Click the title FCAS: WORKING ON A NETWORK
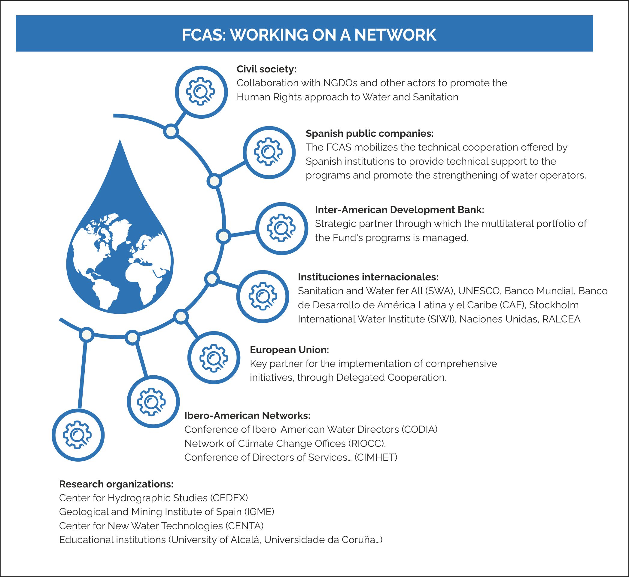coord(309,35)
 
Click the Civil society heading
coord(266,69)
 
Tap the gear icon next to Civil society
coord(201,92)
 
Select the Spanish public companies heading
coord(369,133)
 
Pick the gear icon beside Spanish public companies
coord(269,152)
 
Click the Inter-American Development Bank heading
coord(400,209)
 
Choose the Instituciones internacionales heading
coord(368,277)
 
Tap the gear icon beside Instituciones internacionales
coord(263,296)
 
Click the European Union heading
coord(289,350)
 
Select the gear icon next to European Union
coord(214,358)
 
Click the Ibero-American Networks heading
coord(247,416)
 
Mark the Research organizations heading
coord(116,484)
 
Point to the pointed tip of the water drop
coord(120,139)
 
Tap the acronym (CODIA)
coord(419,429)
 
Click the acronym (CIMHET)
coord(376,457)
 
